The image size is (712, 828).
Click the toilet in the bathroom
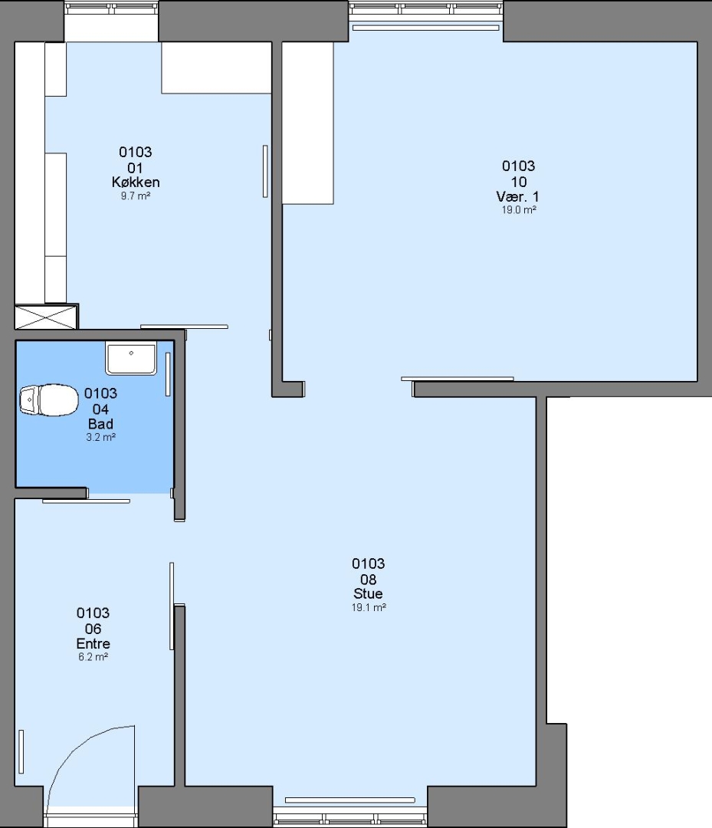coord(48,399)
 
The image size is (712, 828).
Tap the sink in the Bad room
coord(131,358)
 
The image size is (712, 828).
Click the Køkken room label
coord(136,182)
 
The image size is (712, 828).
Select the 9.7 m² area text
coord(136,196)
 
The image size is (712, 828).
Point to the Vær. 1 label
coord(518,197)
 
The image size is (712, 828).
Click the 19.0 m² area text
coord(519,210)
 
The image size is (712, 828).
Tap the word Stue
coord(368,593)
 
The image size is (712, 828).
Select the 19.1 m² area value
coord(369,608)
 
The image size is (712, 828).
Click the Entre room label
coord(94,644)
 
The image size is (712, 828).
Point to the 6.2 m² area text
coord(94,658)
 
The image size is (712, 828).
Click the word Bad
coord(100,424)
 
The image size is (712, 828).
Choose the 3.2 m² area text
coord(100,437)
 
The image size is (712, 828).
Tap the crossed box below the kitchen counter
coord(46,317)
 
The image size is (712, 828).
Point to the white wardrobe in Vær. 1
coord(307,123)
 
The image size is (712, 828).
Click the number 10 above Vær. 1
coord(518,182)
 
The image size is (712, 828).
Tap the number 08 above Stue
coord(368,580)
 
